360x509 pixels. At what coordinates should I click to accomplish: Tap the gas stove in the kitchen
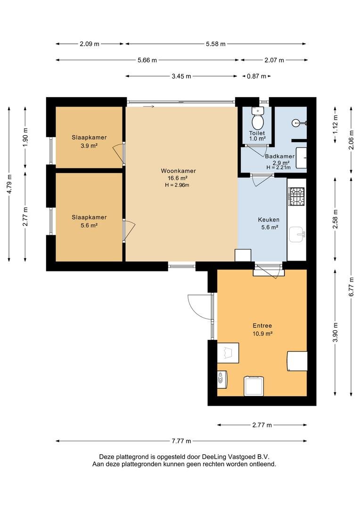pyautogui.click(x=297, y=197)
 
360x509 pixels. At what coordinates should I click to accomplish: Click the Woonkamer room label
pyautogui.click(x=178, y=171)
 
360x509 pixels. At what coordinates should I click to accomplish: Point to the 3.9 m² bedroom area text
pyautogui.click(x=89, y=146)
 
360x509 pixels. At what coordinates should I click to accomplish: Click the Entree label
pyautogui.click(x=262, y=326)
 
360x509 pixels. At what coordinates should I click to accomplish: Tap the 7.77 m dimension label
pyautogui.click(x=181, y=441)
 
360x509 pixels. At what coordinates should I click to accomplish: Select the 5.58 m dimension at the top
pyautogui.click(x=215, y=44)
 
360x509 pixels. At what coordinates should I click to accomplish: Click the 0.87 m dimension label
pyautogui.click(x=256, y=76)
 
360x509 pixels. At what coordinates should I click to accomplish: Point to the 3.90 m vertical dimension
pyautogui.click(x=335, y=332)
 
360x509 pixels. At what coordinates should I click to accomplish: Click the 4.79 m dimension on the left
pyautogui.click(x=10, y=184)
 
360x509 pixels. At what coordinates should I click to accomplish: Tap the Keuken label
pyautogui.click(x=269, y=220)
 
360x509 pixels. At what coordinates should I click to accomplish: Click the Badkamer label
pyautogui.click(x=280, y=156)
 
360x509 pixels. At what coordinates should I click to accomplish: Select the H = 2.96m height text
pyautogui.click(x=177, y=185)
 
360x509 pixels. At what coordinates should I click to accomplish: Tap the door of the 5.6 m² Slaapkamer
pyautogui.click(x=129, y=230)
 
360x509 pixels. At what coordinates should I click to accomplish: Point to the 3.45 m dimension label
pyautogui.click(x=181, y=76)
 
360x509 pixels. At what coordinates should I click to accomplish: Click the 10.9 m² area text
pyautogui.click(x=262, y=333)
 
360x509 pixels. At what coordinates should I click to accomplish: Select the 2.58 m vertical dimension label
pyautogui.click(x=335, y=220)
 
